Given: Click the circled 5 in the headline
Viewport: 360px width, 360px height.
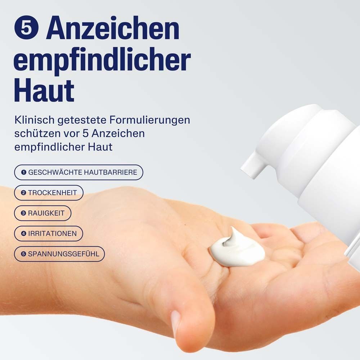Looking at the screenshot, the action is click(x=26, y=28).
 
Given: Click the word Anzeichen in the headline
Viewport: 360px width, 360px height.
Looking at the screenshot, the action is click(x=113, y=28).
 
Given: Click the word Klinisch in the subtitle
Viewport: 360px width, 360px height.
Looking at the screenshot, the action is click(x=35, y=120).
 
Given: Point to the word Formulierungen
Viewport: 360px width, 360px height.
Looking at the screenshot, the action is click(x=150, y=120).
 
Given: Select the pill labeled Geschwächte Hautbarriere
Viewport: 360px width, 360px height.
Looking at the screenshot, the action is click(x=78, y=172).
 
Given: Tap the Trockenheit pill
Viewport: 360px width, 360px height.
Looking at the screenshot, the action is click(x=49, y=193).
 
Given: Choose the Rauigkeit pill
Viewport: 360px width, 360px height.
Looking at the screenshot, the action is click(x=43, y=213).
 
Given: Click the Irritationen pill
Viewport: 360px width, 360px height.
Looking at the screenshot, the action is click(x=49, y=234).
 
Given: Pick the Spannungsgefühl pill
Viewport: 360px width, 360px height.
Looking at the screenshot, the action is click(x=59, y=254).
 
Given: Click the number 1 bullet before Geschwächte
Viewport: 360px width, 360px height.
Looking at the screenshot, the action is click(x=24, y=172).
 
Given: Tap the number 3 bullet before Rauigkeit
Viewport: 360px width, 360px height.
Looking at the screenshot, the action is click(x=23, y=213).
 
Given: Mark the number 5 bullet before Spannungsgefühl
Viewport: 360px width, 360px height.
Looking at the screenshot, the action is click(x=23, y=254).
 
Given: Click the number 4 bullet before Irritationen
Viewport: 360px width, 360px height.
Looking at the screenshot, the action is click(x=23, y=234).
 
